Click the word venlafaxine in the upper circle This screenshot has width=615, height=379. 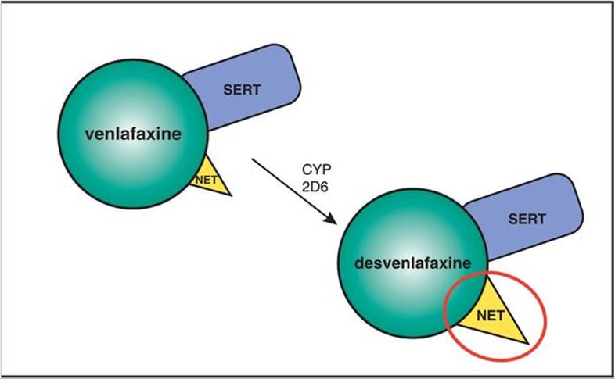click(132, 134)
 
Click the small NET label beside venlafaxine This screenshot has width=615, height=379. click(205, 178)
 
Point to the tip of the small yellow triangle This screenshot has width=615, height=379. click(232, 195)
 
